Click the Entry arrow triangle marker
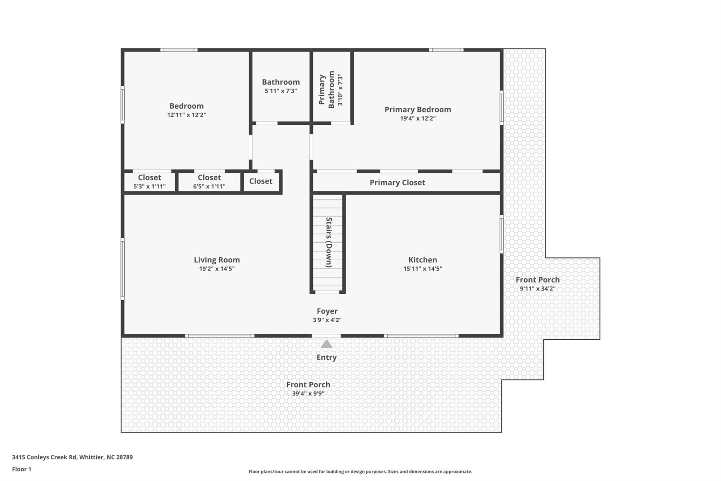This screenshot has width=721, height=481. [x=326, y=344]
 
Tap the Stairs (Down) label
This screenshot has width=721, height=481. [x=329, y=242]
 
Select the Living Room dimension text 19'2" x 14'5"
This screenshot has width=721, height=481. [x=217, y=269]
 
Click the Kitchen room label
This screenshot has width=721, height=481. [x=422, y=260]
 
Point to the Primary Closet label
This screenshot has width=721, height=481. [x=397, y=183]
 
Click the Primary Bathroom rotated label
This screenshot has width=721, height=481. [x=326, y=90]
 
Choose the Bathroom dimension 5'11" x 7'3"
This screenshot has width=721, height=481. [x=281, y=91]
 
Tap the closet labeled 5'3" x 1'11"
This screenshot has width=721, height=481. [x=149, y=182]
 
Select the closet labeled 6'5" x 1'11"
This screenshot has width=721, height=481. [x=209, y=182]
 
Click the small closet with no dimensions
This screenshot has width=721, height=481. [x=261, y=181]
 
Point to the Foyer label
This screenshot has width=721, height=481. [x=327, y=311]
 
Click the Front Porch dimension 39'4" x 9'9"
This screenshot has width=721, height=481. [x=308, y=393]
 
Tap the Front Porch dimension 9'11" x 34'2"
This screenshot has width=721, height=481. [x=537, y=289]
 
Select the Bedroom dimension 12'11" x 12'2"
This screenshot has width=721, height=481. [x=186, y=115]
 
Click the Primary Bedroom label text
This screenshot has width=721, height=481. [x=418, y=110]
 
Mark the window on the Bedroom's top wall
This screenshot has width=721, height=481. [x=179, y=50]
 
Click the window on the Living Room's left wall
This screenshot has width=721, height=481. [x=122, y=268]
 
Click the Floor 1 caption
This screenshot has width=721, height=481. [x=21, y=469]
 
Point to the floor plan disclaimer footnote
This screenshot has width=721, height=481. [x=360, y=472]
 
